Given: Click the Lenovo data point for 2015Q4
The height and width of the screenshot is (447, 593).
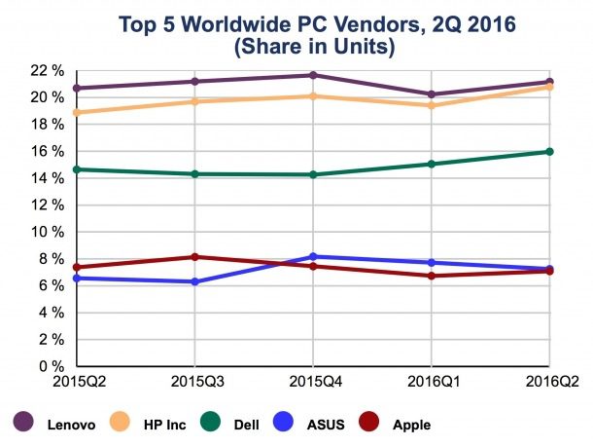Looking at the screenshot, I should [314, 75].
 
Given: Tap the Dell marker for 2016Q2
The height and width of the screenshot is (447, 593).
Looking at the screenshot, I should [549, 151].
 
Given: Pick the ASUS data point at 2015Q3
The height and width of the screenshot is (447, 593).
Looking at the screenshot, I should [195, 281].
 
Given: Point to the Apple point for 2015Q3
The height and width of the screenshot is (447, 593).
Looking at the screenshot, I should [195, 257].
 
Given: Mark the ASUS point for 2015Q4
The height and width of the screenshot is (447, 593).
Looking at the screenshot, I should [314, 257].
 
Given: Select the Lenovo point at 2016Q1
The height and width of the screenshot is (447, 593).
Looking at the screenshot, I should [432, 94].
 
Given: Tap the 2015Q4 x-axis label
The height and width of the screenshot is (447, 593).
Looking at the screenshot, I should [313, 379].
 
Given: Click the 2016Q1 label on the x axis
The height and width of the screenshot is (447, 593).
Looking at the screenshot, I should [431, 379].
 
